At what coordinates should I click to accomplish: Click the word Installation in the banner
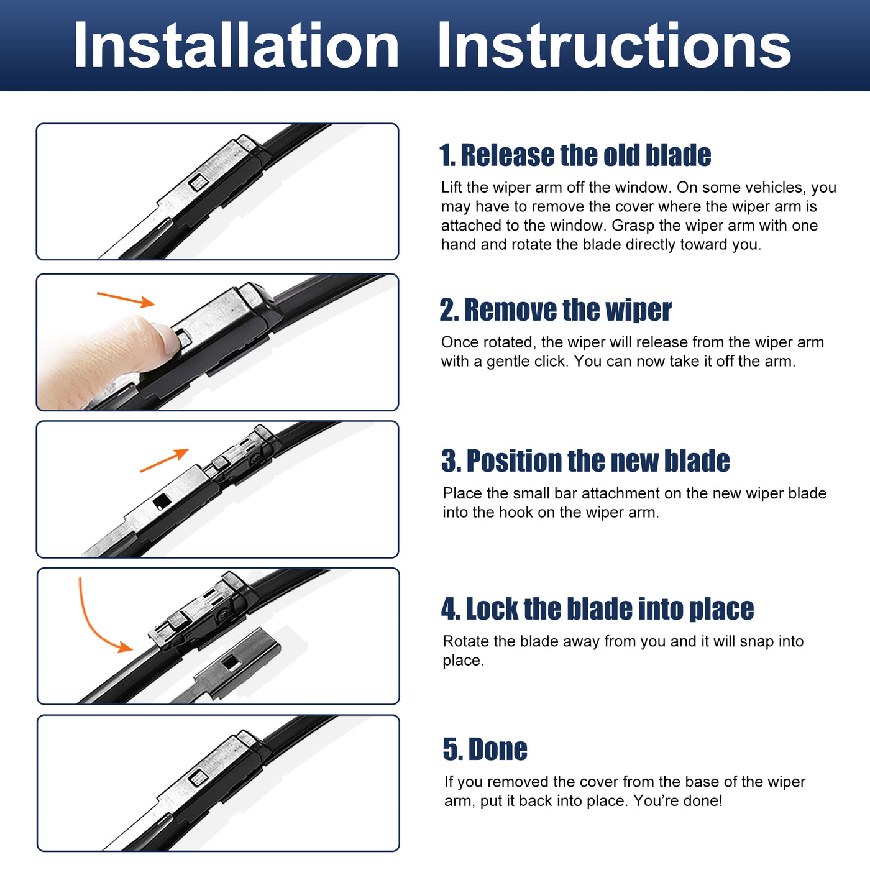236,45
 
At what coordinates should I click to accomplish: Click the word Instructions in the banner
614,45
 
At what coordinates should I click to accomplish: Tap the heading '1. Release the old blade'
575,155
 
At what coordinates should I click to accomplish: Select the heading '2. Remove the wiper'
556,309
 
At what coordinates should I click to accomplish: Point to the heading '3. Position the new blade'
585,461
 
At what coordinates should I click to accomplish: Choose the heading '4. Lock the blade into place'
597,608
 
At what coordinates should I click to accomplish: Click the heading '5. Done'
485,749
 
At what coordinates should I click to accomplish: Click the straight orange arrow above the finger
126,300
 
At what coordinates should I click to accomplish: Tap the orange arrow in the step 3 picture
164,460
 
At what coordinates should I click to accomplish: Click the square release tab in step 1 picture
198,183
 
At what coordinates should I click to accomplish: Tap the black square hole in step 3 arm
162,501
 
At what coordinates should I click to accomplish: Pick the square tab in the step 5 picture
198,777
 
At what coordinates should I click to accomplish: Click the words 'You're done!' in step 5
678,800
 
